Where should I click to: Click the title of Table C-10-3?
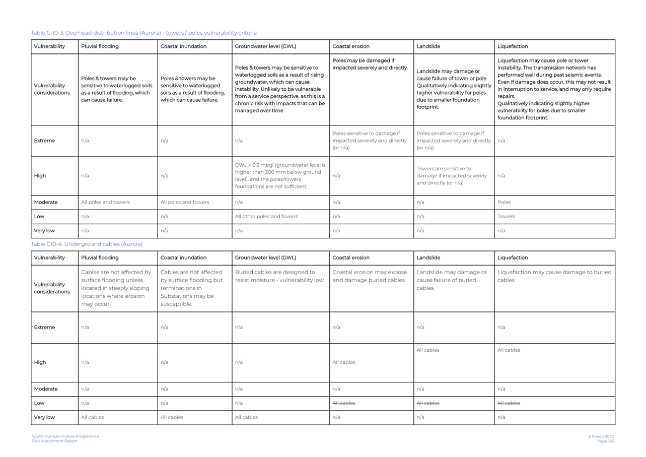pos(143,33)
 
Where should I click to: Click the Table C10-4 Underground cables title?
pos(87,244)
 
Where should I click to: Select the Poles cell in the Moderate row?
pos(504,202)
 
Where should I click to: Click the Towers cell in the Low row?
pos(506,216)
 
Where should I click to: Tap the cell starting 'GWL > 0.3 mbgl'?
pos(280,176)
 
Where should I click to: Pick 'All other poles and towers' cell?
pos(266,216)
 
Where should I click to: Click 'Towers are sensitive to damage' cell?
pos(452,176)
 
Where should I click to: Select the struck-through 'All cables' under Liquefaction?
pos(509,403)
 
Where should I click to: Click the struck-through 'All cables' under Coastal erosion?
pos(344,403)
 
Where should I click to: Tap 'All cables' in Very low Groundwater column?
pos(246,417)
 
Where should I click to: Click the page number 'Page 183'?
pos(605,441)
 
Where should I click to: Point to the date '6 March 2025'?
pos(601,436)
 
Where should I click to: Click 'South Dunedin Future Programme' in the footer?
pos(65,436)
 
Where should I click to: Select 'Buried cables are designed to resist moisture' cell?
pos(279,276)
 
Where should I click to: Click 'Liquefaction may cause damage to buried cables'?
pos(554,276)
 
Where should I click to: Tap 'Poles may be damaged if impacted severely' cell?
pos(370,64)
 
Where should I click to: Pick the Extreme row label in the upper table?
pos(44,141)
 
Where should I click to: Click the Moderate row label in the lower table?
pos(46,389)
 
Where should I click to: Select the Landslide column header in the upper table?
pos(428,46)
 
